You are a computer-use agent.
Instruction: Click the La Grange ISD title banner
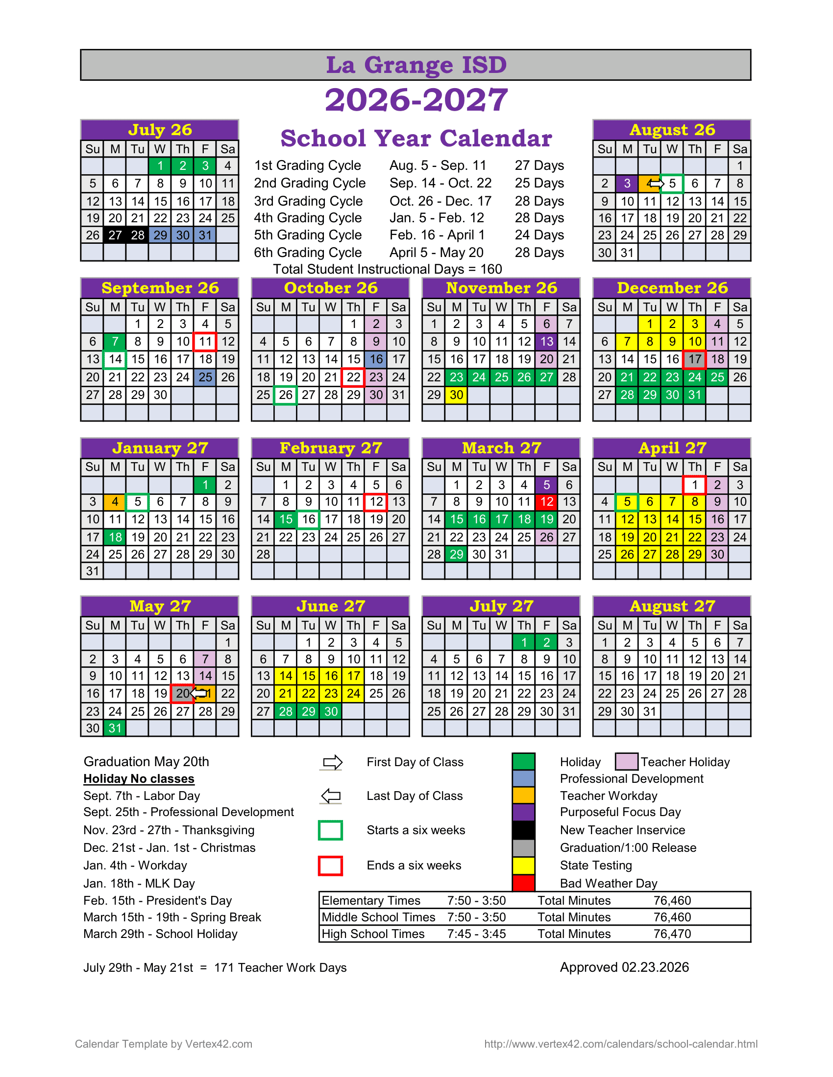pos(416,65)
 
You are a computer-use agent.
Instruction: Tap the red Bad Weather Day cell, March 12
pos(546,502)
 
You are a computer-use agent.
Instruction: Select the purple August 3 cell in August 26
pos(627,184)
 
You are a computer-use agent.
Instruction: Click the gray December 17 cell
pos(694,359)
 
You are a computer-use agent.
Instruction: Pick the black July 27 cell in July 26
pos(115,235)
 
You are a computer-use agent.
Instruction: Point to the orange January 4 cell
pos(115,502)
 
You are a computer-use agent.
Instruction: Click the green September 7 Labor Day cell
pos(115,341)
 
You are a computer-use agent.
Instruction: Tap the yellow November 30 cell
pos(457,395)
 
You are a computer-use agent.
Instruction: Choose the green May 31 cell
pos(115,728)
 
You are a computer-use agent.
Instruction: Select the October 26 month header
pos(330,288)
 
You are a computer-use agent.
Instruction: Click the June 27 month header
pos(330,606)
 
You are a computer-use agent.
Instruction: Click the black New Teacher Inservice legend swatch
pos(523,830)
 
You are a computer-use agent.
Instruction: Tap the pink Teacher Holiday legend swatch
pos(626,761)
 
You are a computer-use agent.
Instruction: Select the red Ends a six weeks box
pos(330,866)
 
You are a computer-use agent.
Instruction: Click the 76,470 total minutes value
pos(672,934)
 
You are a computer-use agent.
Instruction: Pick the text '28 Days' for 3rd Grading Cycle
pos(539,201)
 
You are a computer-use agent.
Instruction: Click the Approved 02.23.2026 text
pos(624,967)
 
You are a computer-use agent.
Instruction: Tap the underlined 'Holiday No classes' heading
pos(139,779)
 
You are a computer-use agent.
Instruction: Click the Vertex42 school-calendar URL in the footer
pos(621,1044)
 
